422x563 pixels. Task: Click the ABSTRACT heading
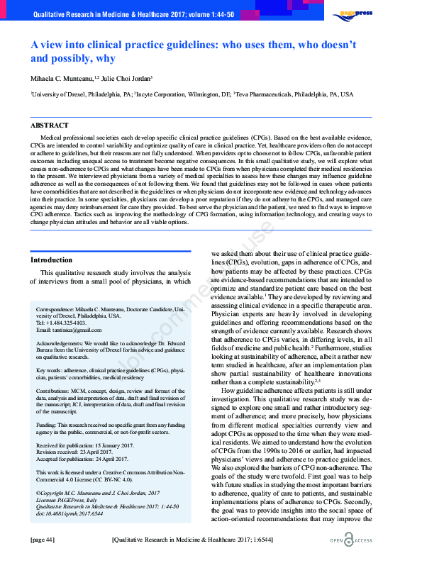click(50, 125)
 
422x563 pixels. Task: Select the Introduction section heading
click(51, 260)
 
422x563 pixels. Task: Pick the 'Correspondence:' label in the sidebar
click(59, 309)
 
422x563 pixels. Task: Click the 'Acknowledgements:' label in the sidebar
click(63, 342)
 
